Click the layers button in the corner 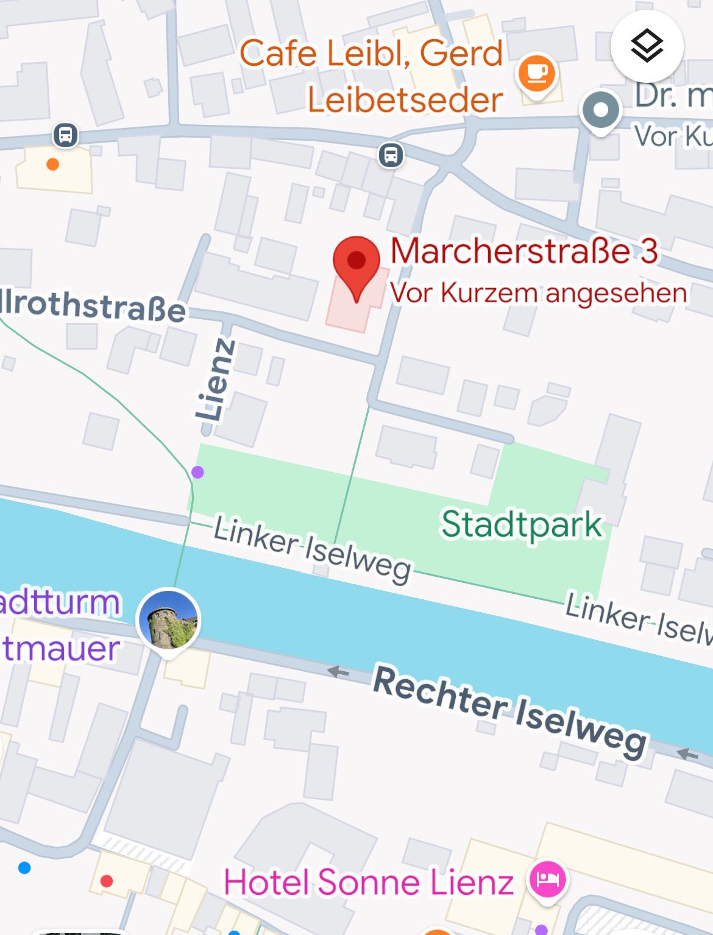click(647, 46)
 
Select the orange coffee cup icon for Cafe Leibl click(536, 74)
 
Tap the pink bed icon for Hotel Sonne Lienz click(547, 879)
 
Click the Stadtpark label click(522, 524)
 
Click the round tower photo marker click(168, 619)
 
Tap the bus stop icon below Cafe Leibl click(391, 155)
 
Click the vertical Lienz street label click(217, 380)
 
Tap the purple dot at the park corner click(197, 471)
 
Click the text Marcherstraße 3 click(524, 251)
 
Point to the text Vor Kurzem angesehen click(538, 293)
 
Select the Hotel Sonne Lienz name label click(369, 882)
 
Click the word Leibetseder click(405, 99)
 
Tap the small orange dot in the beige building click(53, 164)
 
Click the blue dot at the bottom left click(24, 867)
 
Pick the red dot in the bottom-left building click(107, 881)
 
